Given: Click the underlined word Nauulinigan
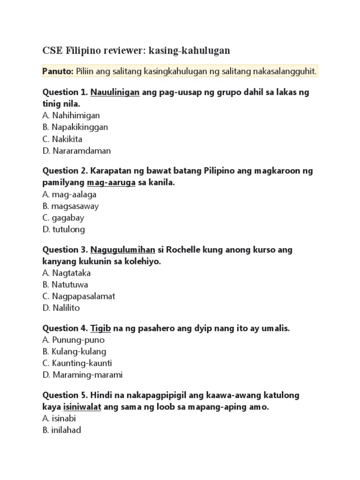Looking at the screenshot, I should point(115,92).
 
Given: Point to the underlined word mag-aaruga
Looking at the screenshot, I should point(111,182).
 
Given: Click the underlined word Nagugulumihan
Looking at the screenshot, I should point(122,250).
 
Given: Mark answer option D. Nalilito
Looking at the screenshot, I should point(61,308).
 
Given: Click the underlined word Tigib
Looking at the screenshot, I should point(100,329).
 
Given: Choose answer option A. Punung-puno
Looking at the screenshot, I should point(73,340).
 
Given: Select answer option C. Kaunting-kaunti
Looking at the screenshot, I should point(77,363).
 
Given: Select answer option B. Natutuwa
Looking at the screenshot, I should point(65,285).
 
